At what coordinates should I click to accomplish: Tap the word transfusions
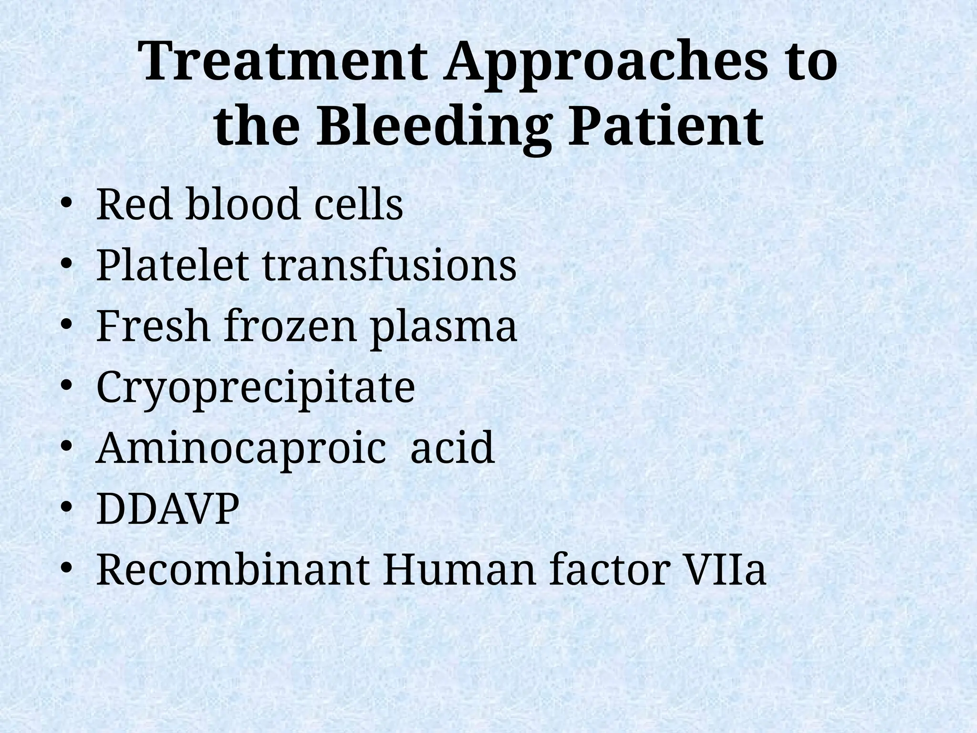tap(389, 266)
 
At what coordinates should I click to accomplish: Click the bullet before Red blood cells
tap(66, 206)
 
